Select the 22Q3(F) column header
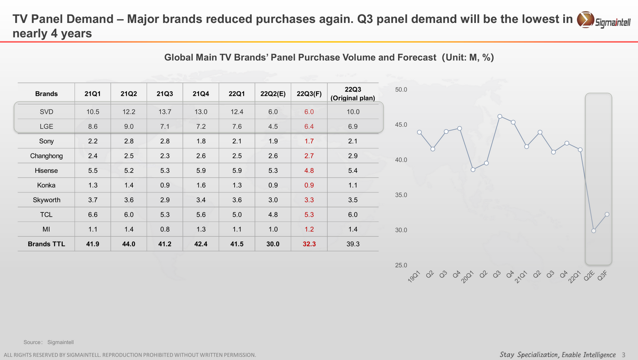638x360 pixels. pos(309,94)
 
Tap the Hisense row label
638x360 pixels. pos(46,171)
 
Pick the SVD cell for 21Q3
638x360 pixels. pos(165,112)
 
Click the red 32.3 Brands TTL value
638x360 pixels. pos(309,244)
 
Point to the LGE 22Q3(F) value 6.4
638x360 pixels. pos(309,126)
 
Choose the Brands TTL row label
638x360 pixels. pos(46,244)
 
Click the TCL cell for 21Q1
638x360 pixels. pos(93,215)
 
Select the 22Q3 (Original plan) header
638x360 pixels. pos(353,94)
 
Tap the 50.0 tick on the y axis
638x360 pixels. pos(401,90)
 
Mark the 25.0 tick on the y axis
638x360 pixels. pos(401,265)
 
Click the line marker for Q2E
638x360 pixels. pos(594,231)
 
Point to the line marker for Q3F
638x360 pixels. pos(607,214)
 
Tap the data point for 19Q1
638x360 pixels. pos(419,132)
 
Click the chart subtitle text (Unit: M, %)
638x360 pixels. pos(468,58)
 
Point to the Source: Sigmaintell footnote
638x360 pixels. pos(49,342)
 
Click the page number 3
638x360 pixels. pos(624,355)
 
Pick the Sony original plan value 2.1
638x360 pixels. pos(353,141)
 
